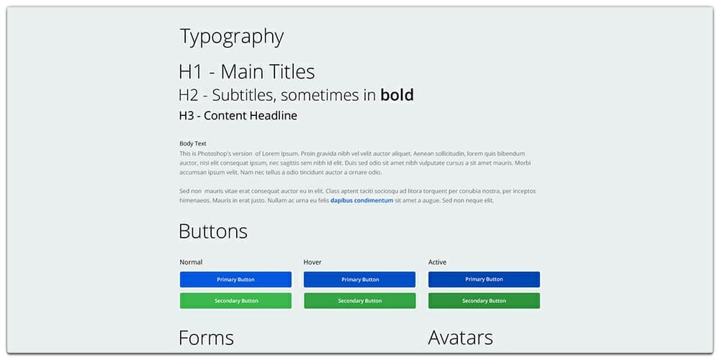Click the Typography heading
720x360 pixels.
pyautogui.click(x=231, y=37)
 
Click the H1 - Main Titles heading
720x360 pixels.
pyautogui.click(x=246, y=72)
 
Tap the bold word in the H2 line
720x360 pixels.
pyautogui.click(x=397, y=95)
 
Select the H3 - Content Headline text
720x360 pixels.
pyautogui.click(x=238, y=116)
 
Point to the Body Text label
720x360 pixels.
pyautogui.click(x=193, y=143)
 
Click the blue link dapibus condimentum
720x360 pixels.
pyautogui.click(x=361, y=201)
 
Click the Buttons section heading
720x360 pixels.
pyautogui.click(x=212, y=231)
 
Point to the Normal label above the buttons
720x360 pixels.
pyautogui.click(x=191, y=262)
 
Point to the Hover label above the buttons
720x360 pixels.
pyautogui.click(x=312, y=262)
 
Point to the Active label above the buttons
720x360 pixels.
pyautogui.click(x=437, y=262)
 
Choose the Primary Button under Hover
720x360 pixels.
pyautogui.click(x=359, y=279)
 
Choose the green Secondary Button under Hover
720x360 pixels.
pyautogui.click(x=359, y=301)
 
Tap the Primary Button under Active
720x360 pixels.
pyautogui.click(x=484, y=279)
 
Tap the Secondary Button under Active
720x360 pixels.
pyautogui.click(x=484, y=301)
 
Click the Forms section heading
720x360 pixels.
pyautogui.click(x=206, y=338)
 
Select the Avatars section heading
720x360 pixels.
pyautogui.click(x=460, y=338)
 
